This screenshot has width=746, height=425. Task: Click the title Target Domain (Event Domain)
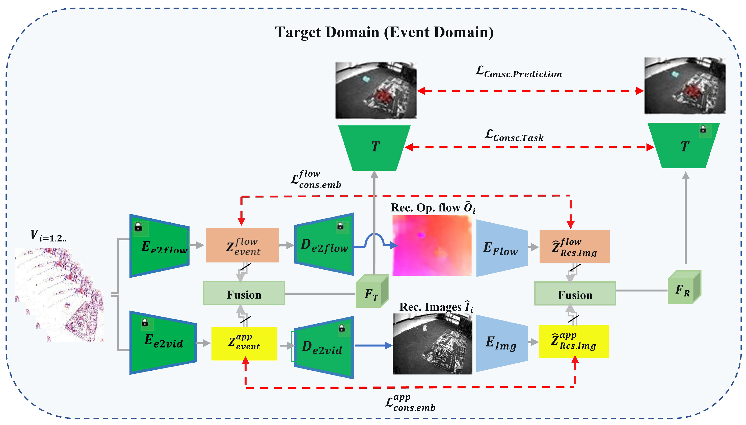384,32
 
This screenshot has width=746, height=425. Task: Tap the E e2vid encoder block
163,342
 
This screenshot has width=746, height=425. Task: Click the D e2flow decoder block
324,245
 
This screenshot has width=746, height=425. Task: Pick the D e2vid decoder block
324,347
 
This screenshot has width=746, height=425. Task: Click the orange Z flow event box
242,245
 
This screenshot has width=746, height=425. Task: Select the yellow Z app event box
244,343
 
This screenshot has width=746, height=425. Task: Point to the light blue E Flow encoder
501,248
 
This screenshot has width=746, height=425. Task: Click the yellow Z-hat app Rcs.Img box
574,341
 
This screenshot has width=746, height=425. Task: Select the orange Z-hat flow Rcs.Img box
574,247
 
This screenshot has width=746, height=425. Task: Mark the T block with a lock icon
684,146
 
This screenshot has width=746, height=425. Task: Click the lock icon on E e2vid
145,323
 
